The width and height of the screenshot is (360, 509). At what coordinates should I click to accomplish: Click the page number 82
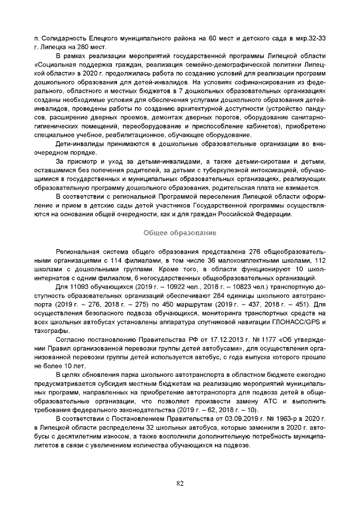tap(180, 483)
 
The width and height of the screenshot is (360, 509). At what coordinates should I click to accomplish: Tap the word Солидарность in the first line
tap(63, 38)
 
